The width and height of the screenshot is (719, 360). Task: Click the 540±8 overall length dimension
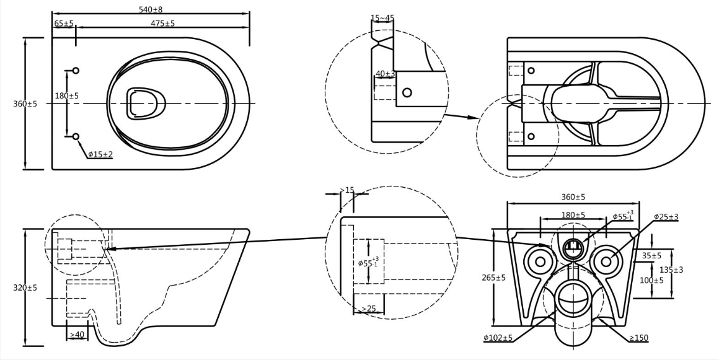click(x=151, y=9)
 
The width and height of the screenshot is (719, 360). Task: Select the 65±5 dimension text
click(x=64, y=23)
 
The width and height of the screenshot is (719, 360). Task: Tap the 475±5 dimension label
click(x=163, y=23)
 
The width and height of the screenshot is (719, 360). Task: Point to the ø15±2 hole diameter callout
click(x=100, y=154)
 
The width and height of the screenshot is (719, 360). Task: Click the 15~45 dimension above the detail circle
click(x=382, y=19)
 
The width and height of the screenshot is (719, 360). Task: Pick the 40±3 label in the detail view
click(x=385, y=73)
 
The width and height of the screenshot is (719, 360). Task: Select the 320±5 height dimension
click(x=25, y=288)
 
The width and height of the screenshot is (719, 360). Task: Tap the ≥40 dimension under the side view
click(x=77, y=335)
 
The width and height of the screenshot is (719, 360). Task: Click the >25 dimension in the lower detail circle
click(x=368, y=309)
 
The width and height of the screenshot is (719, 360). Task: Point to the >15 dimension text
click(x=347, y=190)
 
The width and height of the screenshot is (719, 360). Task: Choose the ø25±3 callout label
click(x=666, y=216)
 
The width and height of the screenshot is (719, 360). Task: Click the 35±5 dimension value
click(x=651, y=255)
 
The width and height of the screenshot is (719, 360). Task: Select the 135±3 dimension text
click(x=671, y=270)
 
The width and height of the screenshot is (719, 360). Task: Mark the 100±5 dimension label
click(x=651, y=279)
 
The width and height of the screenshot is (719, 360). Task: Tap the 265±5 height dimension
click(x=494, y=278)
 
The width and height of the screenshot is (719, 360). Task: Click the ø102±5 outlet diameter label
click(x=498, y=338)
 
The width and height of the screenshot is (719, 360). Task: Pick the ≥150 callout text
click(x=639, y=338)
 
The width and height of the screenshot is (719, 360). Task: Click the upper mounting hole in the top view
click(x=76, y=70)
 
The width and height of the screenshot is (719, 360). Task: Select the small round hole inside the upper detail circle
click(x=407, y=93)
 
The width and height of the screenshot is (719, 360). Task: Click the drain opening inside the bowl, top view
click(x=146, y=103)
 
